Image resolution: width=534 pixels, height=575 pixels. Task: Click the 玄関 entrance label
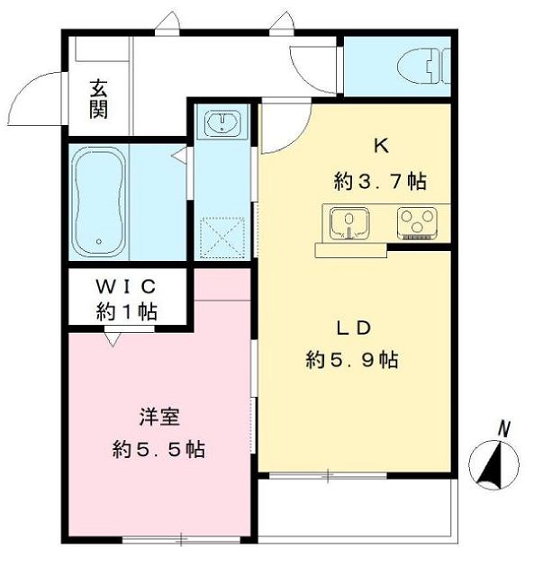point(98,99)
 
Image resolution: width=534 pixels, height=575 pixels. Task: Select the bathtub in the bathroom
point(99,202)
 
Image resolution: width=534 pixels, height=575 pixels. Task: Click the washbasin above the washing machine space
point(222,121)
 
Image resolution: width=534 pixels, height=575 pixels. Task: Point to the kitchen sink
point(349,223)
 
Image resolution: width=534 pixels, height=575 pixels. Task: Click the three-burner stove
point(417,222)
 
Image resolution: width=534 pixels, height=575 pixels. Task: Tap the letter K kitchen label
point(381,147)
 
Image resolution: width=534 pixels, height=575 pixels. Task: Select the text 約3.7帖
point(380,181)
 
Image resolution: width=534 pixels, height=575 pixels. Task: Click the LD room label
point(354,328)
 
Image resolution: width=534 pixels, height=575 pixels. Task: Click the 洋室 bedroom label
point(159,417)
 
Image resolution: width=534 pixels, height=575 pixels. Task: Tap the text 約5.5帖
point(158,449)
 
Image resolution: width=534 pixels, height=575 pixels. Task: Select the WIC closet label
point(126,286)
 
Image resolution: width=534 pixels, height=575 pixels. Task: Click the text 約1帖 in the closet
point(127,311)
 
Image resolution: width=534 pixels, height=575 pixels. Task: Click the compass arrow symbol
point(493,464)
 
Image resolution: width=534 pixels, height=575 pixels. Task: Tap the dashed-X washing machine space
point(222,237)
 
